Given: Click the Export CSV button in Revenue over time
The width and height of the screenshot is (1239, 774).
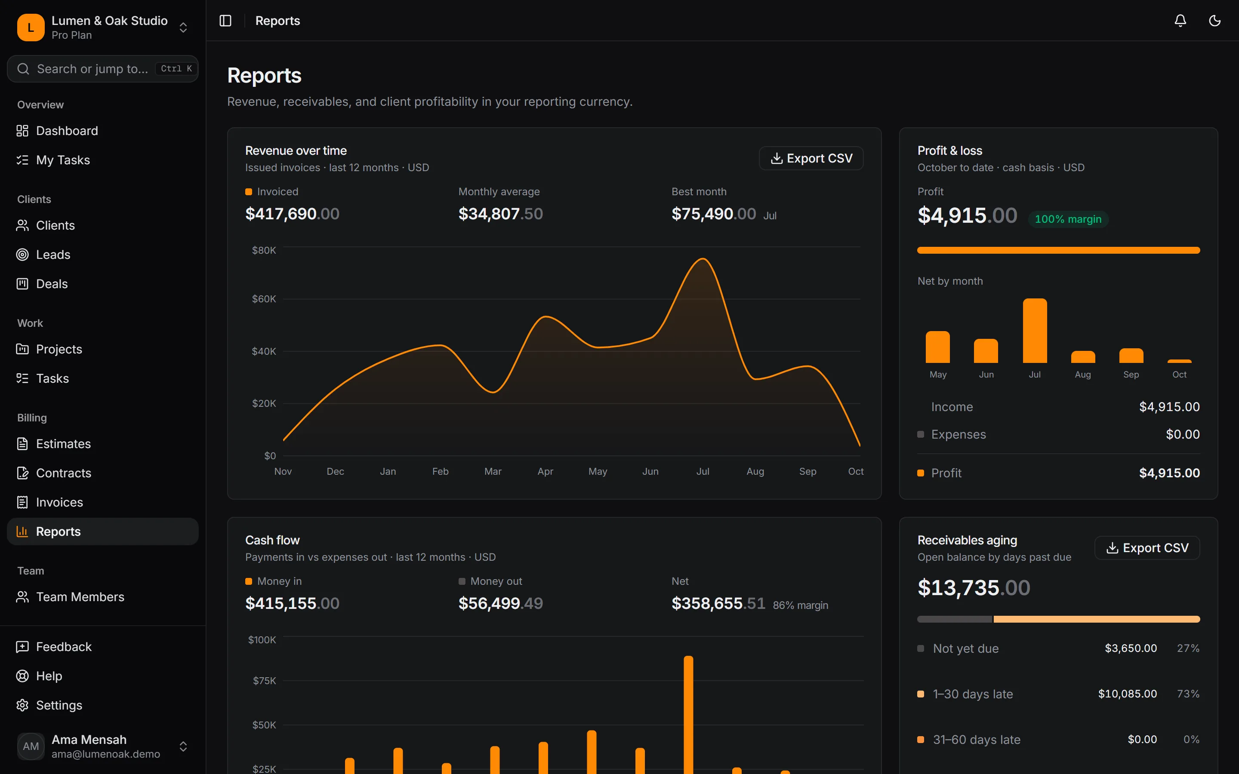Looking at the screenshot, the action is click(x=811, y=158).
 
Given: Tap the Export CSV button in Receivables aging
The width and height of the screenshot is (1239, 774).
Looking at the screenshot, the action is click(x=1147, y=548).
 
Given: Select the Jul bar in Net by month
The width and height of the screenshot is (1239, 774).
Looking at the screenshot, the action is click(x=1035, y=331).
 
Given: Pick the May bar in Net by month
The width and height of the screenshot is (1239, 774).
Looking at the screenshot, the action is click(x=937, y=347).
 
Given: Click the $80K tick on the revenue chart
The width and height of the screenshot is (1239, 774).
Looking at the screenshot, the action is click(x=264, y=250).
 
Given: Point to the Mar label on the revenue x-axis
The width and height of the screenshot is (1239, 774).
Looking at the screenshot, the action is click(x=493, y=471).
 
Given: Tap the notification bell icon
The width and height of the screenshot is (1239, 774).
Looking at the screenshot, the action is click(x=1180, y=21).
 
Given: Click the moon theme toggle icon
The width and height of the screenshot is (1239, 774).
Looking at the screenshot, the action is click(x=1214, y=21).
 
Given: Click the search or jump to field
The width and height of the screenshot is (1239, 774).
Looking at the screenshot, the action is click(x=102, y=69).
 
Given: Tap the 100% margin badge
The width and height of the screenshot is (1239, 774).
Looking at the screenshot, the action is click(x=1068, y=219).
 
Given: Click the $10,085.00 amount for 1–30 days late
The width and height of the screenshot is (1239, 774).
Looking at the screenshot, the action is click(x=1128, y=694).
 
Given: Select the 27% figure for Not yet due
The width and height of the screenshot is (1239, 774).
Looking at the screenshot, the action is click(x=1188, y=648).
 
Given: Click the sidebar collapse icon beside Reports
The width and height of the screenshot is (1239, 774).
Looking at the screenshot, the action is click(x=225, y=21).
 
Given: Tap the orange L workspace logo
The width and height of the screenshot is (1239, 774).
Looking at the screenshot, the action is click(x=31, y=28).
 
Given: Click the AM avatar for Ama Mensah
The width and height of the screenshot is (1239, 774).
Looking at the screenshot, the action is click(x=31, y=746).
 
